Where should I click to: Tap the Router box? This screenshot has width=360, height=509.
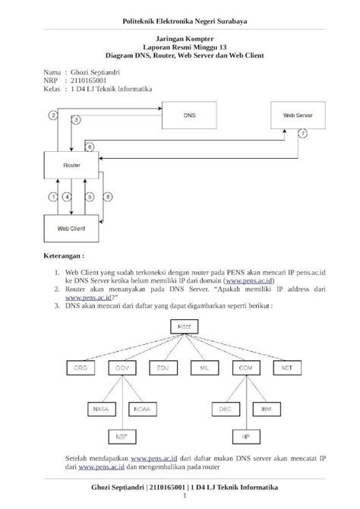click(x=70, y=163)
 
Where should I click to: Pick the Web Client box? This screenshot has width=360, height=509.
click(x=71, y=226)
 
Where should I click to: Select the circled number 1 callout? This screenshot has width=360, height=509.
click(x=53, y=197)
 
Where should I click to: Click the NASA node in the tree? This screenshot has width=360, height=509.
click(x=100, y=409)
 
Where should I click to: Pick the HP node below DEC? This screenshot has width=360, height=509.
click(x=245, y=437)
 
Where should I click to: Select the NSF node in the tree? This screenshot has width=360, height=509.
click(x=120, y=437)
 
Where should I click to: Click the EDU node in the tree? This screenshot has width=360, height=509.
click(x=163, y=368)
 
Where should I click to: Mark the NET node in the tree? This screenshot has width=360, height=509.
click(x=286, y=368)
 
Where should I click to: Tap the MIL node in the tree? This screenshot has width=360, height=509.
click(x=204, y=368)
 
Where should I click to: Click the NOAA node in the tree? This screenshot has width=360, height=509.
click(x=142, y=409)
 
